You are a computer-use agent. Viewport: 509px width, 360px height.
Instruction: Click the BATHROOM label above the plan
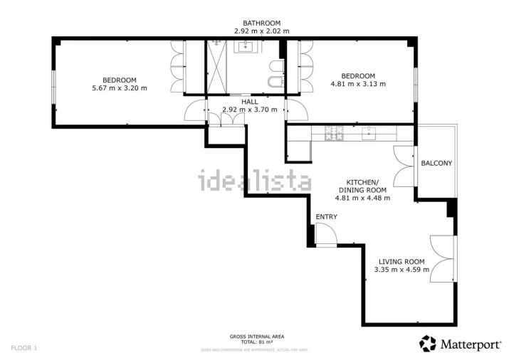click(261, 23)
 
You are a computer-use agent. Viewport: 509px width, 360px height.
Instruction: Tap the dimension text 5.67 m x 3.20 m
click(119, 88)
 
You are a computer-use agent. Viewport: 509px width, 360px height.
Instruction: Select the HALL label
click(249, 102)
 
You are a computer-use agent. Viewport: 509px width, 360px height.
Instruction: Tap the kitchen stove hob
click(333, 132)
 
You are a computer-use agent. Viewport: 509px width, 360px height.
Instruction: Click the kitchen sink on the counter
click(369, 132)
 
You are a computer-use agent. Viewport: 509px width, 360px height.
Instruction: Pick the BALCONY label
click(436, 164)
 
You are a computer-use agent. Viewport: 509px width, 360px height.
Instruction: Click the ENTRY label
click(327, 217)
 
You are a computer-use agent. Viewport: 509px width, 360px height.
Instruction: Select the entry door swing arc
click(325, 234)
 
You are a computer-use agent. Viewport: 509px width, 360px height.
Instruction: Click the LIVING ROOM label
click(402, 261)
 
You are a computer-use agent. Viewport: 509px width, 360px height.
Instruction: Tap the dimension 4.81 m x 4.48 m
click(362, 198)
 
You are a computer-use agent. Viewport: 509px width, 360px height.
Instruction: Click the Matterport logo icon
click(428, 344)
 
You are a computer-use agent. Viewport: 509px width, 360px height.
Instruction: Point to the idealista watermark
click(254, 181)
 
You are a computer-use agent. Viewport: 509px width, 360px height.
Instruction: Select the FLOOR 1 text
click(23, 348)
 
